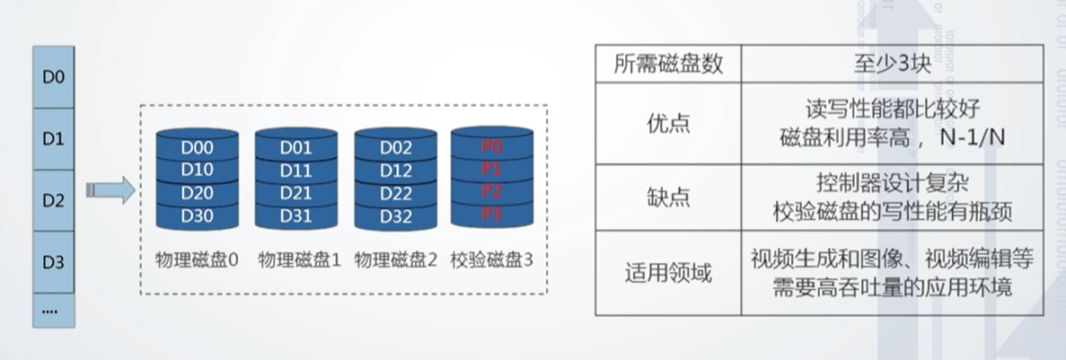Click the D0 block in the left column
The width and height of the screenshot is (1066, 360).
coord(53,77)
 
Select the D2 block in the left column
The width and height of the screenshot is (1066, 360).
coord(53,201)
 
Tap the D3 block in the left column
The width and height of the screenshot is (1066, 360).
coord(53,263)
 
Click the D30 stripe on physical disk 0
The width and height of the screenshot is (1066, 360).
coord(197,215)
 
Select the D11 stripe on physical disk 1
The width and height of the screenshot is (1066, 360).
coord(295,170)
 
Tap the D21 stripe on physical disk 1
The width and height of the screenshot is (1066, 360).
coord(295,193)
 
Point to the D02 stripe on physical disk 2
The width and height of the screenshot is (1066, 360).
coord(395,147)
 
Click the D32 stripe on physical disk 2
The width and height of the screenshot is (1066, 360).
coord(395,215)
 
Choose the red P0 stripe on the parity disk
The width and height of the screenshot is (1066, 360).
coord(491,146)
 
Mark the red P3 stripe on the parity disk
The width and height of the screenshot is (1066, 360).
coord(491,214)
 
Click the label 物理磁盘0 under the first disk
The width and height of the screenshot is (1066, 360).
coord(197,260)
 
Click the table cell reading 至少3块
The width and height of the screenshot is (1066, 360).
coord(893,64)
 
